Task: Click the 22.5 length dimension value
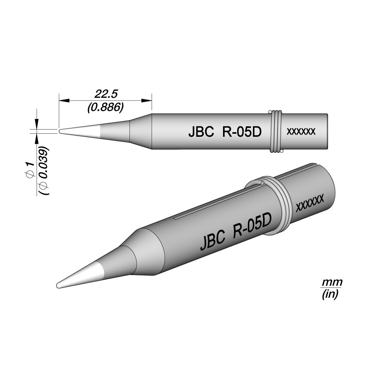[106, 94]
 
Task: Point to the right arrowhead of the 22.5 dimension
[147, 100]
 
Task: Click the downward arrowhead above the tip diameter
[37, 123]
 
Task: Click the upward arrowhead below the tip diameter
[37, 139]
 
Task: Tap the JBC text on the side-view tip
[201, 132]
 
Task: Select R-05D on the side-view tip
[242, 132]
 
